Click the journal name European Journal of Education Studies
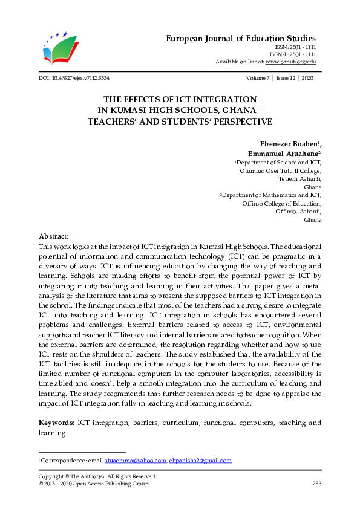[241, 39]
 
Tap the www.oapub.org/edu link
[290, 62]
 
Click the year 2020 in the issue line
[307, 79]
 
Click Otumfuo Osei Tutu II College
[281, 171]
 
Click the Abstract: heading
[54, 236]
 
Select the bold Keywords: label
[57, 423]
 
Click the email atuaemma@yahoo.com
[135, 461]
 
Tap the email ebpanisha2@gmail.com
[200, 461]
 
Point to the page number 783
[316, 484]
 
